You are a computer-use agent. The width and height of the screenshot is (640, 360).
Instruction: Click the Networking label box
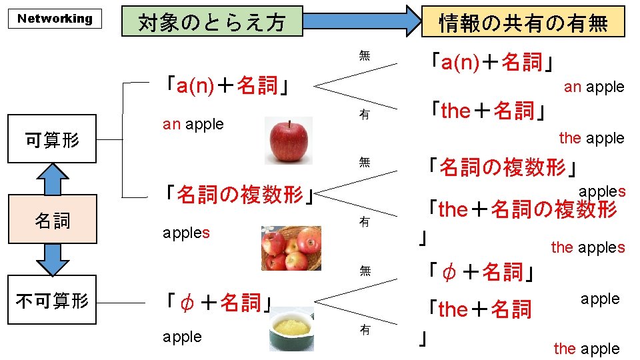tap(55, 19)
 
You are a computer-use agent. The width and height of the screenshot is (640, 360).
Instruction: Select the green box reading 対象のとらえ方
tap(211, 22)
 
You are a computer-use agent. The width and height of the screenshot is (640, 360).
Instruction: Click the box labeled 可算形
tap(52, 140)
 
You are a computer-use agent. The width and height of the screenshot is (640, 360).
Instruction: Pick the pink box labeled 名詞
tap(52, 219)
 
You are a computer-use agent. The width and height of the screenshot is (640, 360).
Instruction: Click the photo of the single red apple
tap(288, 141)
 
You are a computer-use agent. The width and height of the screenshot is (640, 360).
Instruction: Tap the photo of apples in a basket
tap(291, 248)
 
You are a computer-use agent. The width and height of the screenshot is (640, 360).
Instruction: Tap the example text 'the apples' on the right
tap(587, 247)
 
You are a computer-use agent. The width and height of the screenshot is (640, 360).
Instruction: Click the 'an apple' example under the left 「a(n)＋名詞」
tap(193, 124)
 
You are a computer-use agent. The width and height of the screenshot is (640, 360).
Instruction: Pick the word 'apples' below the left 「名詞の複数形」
tap(186, 233)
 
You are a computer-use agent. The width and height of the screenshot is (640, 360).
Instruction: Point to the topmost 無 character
tap(364, 55)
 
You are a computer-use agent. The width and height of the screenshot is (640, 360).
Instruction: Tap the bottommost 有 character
tap(364, 329)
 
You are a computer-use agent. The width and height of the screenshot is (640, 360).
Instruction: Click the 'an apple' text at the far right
tap(593, 87)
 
